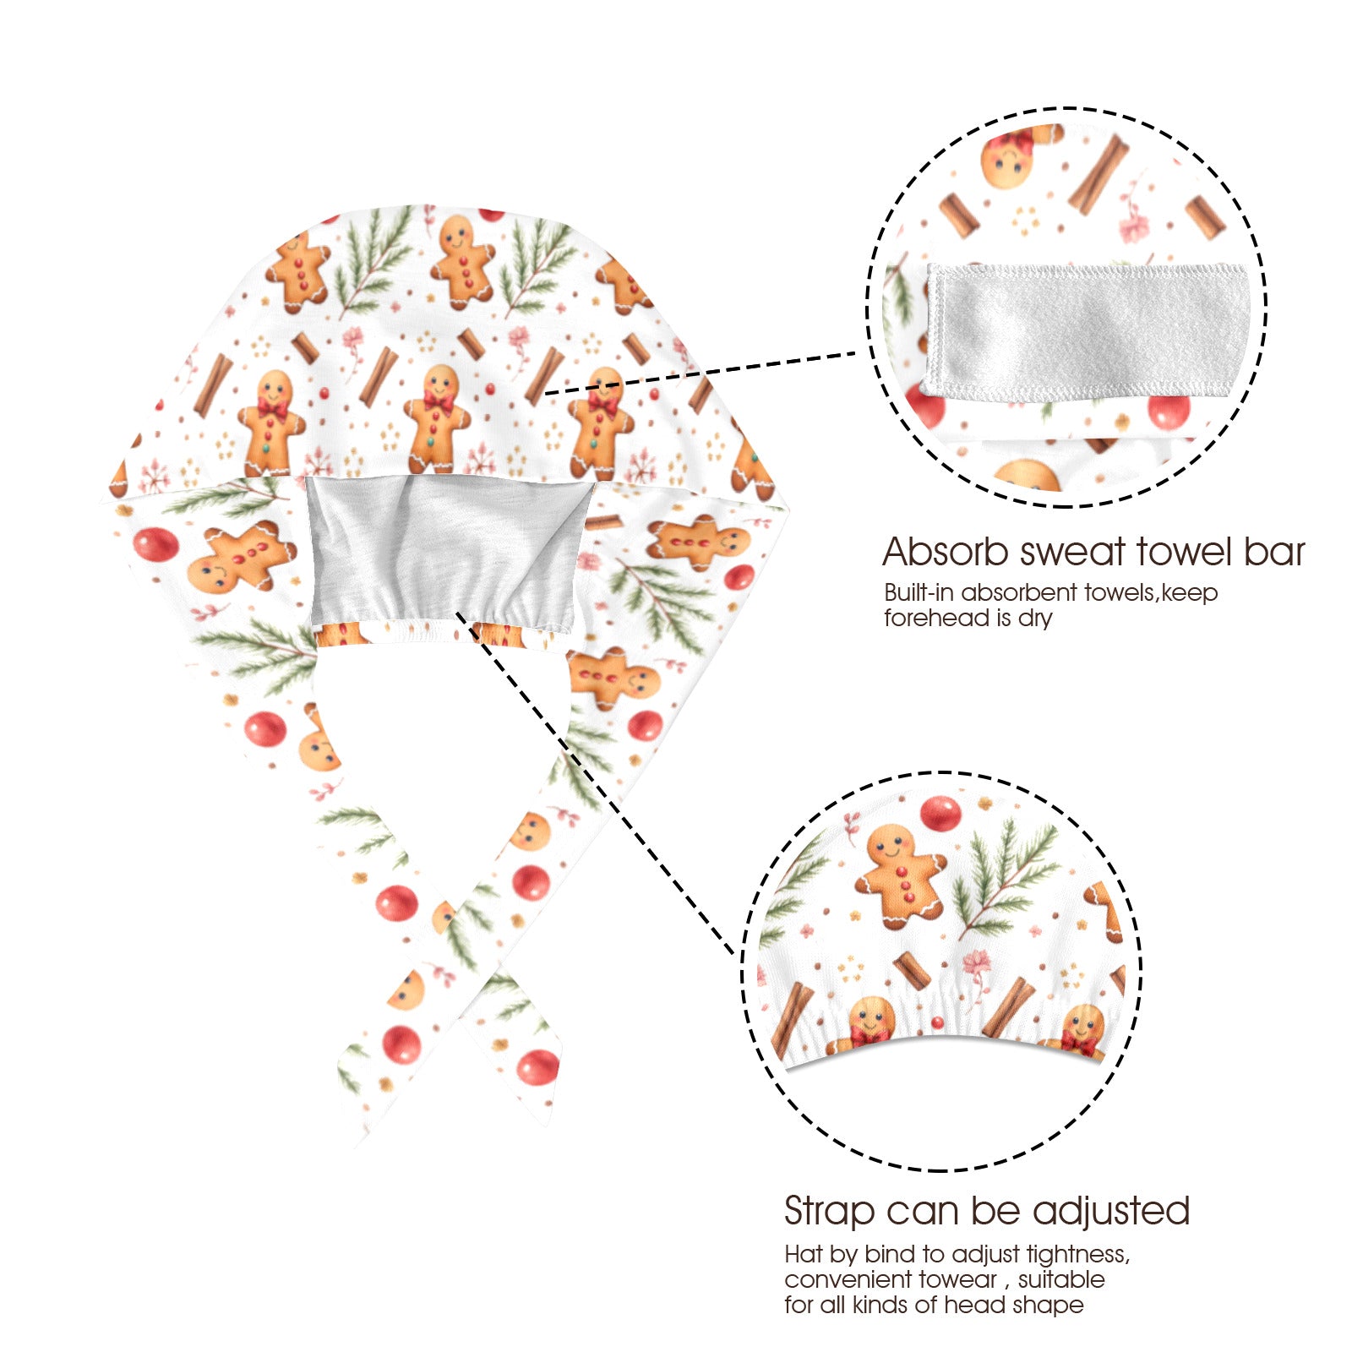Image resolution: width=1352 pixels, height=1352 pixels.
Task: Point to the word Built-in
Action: click(x=919, y=592)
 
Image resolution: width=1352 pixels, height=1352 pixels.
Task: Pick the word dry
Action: click(x=1035, y=619)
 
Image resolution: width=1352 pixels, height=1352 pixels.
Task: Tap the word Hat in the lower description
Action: click(x=803, y=1253)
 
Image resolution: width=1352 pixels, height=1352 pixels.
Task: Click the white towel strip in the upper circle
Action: click(x=1087, y=330)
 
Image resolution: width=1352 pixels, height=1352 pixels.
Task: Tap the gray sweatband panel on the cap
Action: click(x=448, y=549)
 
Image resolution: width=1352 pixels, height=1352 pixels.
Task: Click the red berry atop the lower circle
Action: click(x=940, y=813)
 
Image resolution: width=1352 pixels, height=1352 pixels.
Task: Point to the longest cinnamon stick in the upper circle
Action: click(x=1098, y=174)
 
